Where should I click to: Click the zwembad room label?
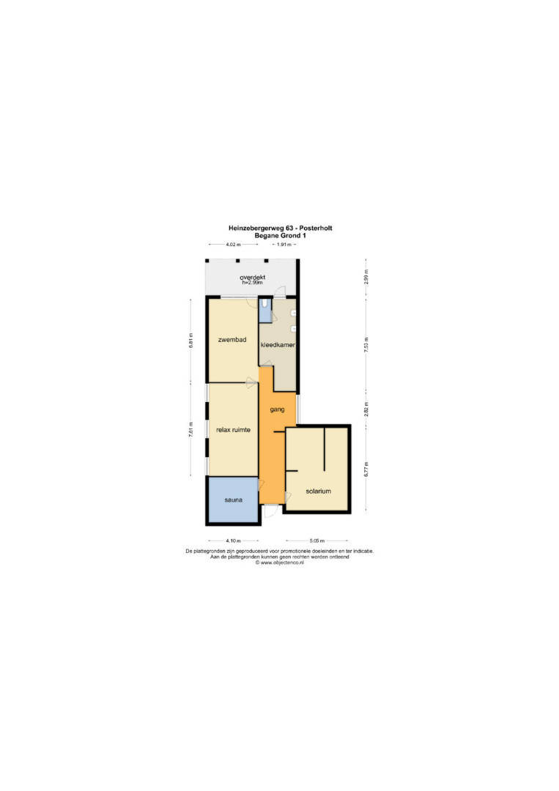(232, 340)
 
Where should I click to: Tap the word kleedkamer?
(278, 345)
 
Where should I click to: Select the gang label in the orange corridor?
(277, 409)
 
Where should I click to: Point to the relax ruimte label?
(233, 430)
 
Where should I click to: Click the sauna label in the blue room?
(234, 500)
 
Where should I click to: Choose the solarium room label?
(319, 491)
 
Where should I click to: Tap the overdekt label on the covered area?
(252, 277)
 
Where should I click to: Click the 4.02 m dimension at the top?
(232, 245)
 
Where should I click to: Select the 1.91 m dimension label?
(284, 245)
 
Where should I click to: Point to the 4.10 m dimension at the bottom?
(233, 541)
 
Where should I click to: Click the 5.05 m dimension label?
(316, 541)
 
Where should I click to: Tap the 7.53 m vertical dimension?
(366, 344)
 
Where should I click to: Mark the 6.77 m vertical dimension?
(366, 469)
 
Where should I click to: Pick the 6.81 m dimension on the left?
(190, 340)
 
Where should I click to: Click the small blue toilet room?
(265, 311)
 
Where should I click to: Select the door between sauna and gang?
(261, 486)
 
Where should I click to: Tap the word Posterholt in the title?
(316, 228)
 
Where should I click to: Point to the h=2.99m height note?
(252, 283)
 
